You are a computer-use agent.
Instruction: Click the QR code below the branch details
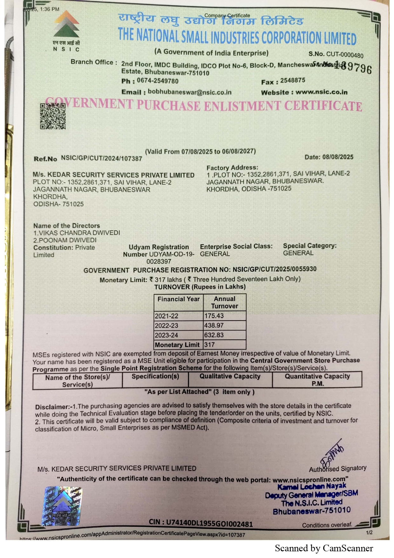[53, 116]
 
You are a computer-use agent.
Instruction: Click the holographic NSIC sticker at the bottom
[62, 506]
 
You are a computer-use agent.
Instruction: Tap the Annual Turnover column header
[225, 302]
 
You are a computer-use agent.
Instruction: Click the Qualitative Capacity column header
[230, 376]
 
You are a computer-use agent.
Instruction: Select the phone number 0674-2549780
[158, 81]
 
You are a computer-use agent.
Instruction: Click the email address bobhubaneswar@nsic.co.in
[190, 92]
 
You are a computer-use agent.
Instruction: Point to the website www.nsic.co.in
[321, 92]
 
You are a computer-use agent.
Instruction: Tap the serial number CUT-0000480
[345, 55]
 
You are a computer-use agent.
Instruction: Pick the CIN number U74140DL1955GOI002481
[209, 523]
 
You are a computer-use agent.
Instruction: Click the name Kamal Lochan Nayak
[312, 486]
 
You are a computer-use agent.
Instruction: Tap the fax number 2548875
[293, 80]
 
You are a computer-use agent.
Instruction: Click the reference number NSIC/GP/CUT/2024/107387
[101, 158]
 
